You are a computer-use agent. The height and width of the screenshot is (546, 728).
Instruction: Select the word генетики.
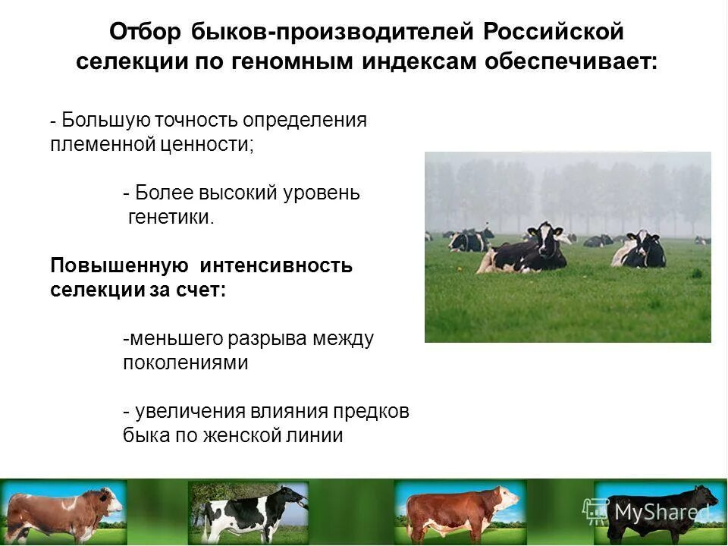tap(171, 218)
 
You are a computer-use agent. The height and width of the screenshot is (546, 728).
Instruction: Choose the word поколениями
tap(186, 362)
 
